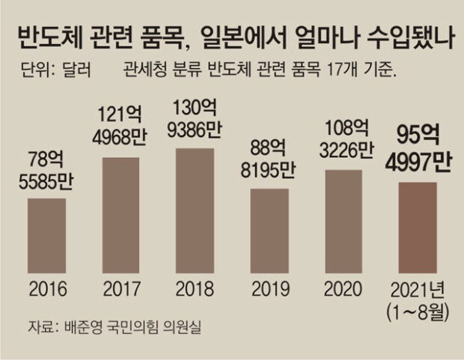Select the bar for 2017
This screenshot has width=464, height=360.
120,215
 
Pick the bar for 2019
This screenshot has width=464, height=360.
269,230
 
